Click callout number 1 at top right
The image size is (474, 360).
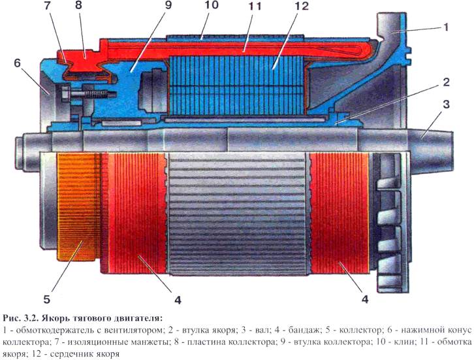[x=445, y=27]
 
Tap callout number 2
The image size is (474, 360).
[x=446, y=82]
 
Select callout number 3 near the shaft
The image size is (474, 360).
[x=446, y=105]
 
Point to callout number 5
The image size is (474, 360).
[x=46, y=299]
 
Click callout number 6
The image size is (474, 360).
[x=17, y=63]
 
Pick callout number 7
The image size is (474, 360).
[x=47, y=6]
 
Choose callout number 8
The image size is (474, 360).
[x=78, y=5]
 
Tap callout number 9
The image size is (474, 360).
[x=168, y=5]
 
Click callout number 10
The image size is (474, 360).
[x=212, y=5]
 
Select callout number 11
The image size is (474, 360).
[x=255, y=6]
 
